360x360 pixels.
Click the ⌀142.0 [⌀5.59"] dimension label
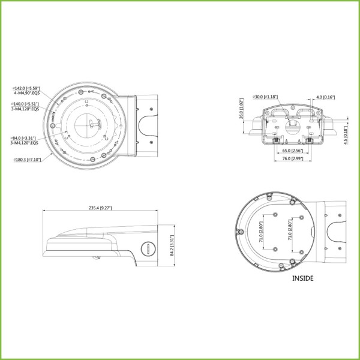[x=26, y=89]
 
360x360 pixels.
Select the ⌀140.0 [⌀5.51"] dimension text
[x=26, y=104]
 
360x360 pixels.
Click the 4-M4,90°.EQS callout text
[x=26, y=94]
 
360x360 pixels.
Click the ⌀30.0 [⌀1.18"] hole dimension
[x=265, y=97]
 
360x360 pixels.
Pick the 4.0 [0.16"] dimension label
[x=326, y=97]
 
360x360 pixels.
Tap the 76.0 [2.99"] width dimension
[x=292, y=160]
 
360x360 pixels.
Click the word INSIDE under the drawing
[x=303, y=278]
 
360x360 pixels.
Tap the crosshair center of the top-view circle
[x=91, y=125]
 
